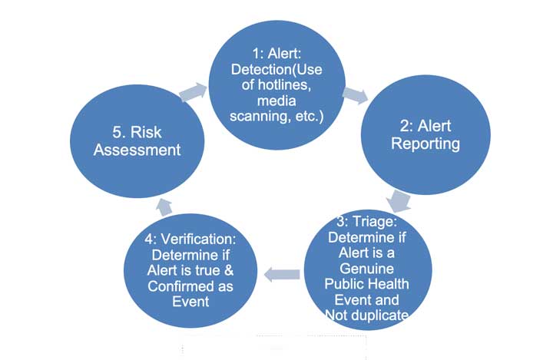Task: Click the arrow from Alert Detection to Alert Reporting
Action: pos(355,95)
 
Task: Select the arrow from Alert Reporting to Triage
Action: pos(399,201)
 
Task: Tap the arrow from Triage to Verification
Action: pos(282,274)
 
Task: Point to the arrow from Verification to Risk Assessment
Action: pos(164,207)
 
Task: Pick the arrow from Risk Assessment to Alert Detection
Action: pos(194,91)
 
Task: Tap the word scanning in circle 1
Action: pos(260,116)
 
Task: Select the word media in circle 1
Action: pos(276,101)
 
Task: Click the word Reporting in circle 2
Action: pos(426,144)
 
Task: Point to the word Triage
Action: pos(375,221)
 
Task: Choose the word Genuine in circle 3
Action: pos(367,269)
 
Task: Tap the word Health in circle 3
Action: pos(389,284)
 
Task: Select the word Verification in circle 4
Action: pos(199,239)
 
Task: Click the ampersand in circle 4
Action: pos(229,270)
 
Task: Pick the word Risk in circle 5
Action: pos(146,132)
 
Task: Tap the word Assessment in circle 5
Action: pos(137,150)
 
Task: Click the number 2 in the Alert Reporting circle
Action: pos(404,126)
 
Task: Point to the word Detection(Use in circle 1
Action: pos(276,69)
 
